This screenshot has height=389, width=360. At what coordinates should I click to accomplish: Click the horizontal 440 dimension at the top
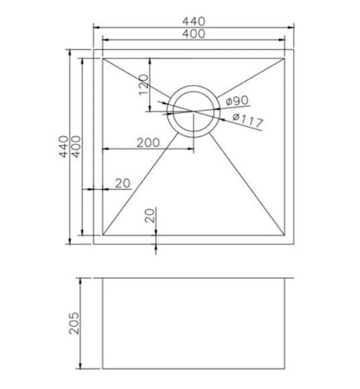[194, 21]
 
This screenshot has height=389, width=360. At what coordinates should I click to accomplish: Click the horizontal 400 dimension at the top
[194, 33]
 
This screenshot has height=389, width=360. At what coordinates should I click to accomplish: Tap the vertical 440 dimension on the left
[63, 147]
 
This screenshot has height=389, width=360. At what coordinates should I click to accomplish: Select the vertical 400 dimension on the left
[76, 147]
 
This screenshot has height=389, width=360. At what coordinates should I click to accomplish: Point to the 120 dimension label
[143, 85]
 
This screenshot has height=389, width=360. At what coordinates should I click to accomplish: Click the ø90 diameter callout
[237, 100]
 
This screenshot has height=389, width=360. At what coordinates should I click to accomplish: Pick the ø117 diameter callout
[247, 120]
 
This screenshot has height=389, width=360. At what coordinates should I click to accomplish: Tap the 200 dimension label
[148, 143]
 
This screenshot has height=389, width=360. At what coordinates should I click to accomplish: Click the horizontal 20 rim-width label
[123, 183]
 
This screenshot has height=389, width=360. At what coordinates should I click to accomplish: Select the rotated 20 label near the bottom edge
[149, 216]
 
